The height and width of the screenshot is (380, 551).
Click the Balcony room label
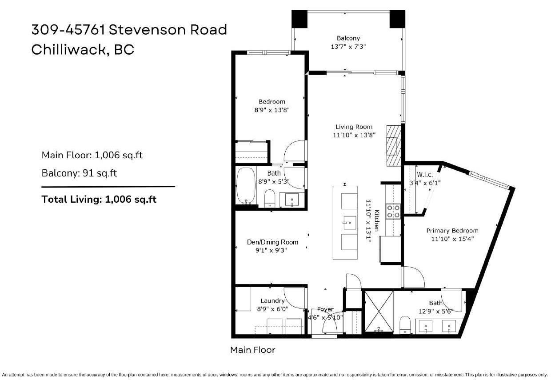[x=348, y=38]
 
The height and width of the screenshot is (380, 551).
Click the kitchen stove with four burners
[x=393, y=211]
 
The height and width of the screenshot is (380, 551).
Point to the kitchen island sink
[x=348, y=220]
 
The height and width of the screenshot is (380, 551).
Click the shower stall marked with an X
[x=379, y=311]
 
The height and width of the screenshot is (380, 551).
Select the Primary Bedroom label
[x=452, y=231]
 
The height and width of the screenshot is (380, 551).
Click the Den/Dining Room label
[x=272, y=242]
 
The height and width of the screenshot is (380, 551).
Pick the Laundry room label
[x=272, y=301]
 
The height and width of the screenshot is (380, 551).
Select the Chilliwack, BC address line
[x=83, y=49]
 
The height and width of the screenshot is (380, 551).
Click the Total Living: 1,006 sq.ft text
[x=99, y=199]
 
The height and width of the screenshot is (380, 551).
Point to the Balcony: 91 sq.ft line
[x=79, y=173]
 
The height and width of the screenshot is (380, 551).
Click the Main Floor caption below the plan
[x=252, y=350]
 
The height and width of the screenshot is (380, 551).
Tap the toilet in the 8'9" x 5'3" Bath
[x=270, y=199]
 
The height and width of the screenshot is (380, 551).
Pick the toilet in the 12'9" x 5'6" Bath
[x=405, y=324]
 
